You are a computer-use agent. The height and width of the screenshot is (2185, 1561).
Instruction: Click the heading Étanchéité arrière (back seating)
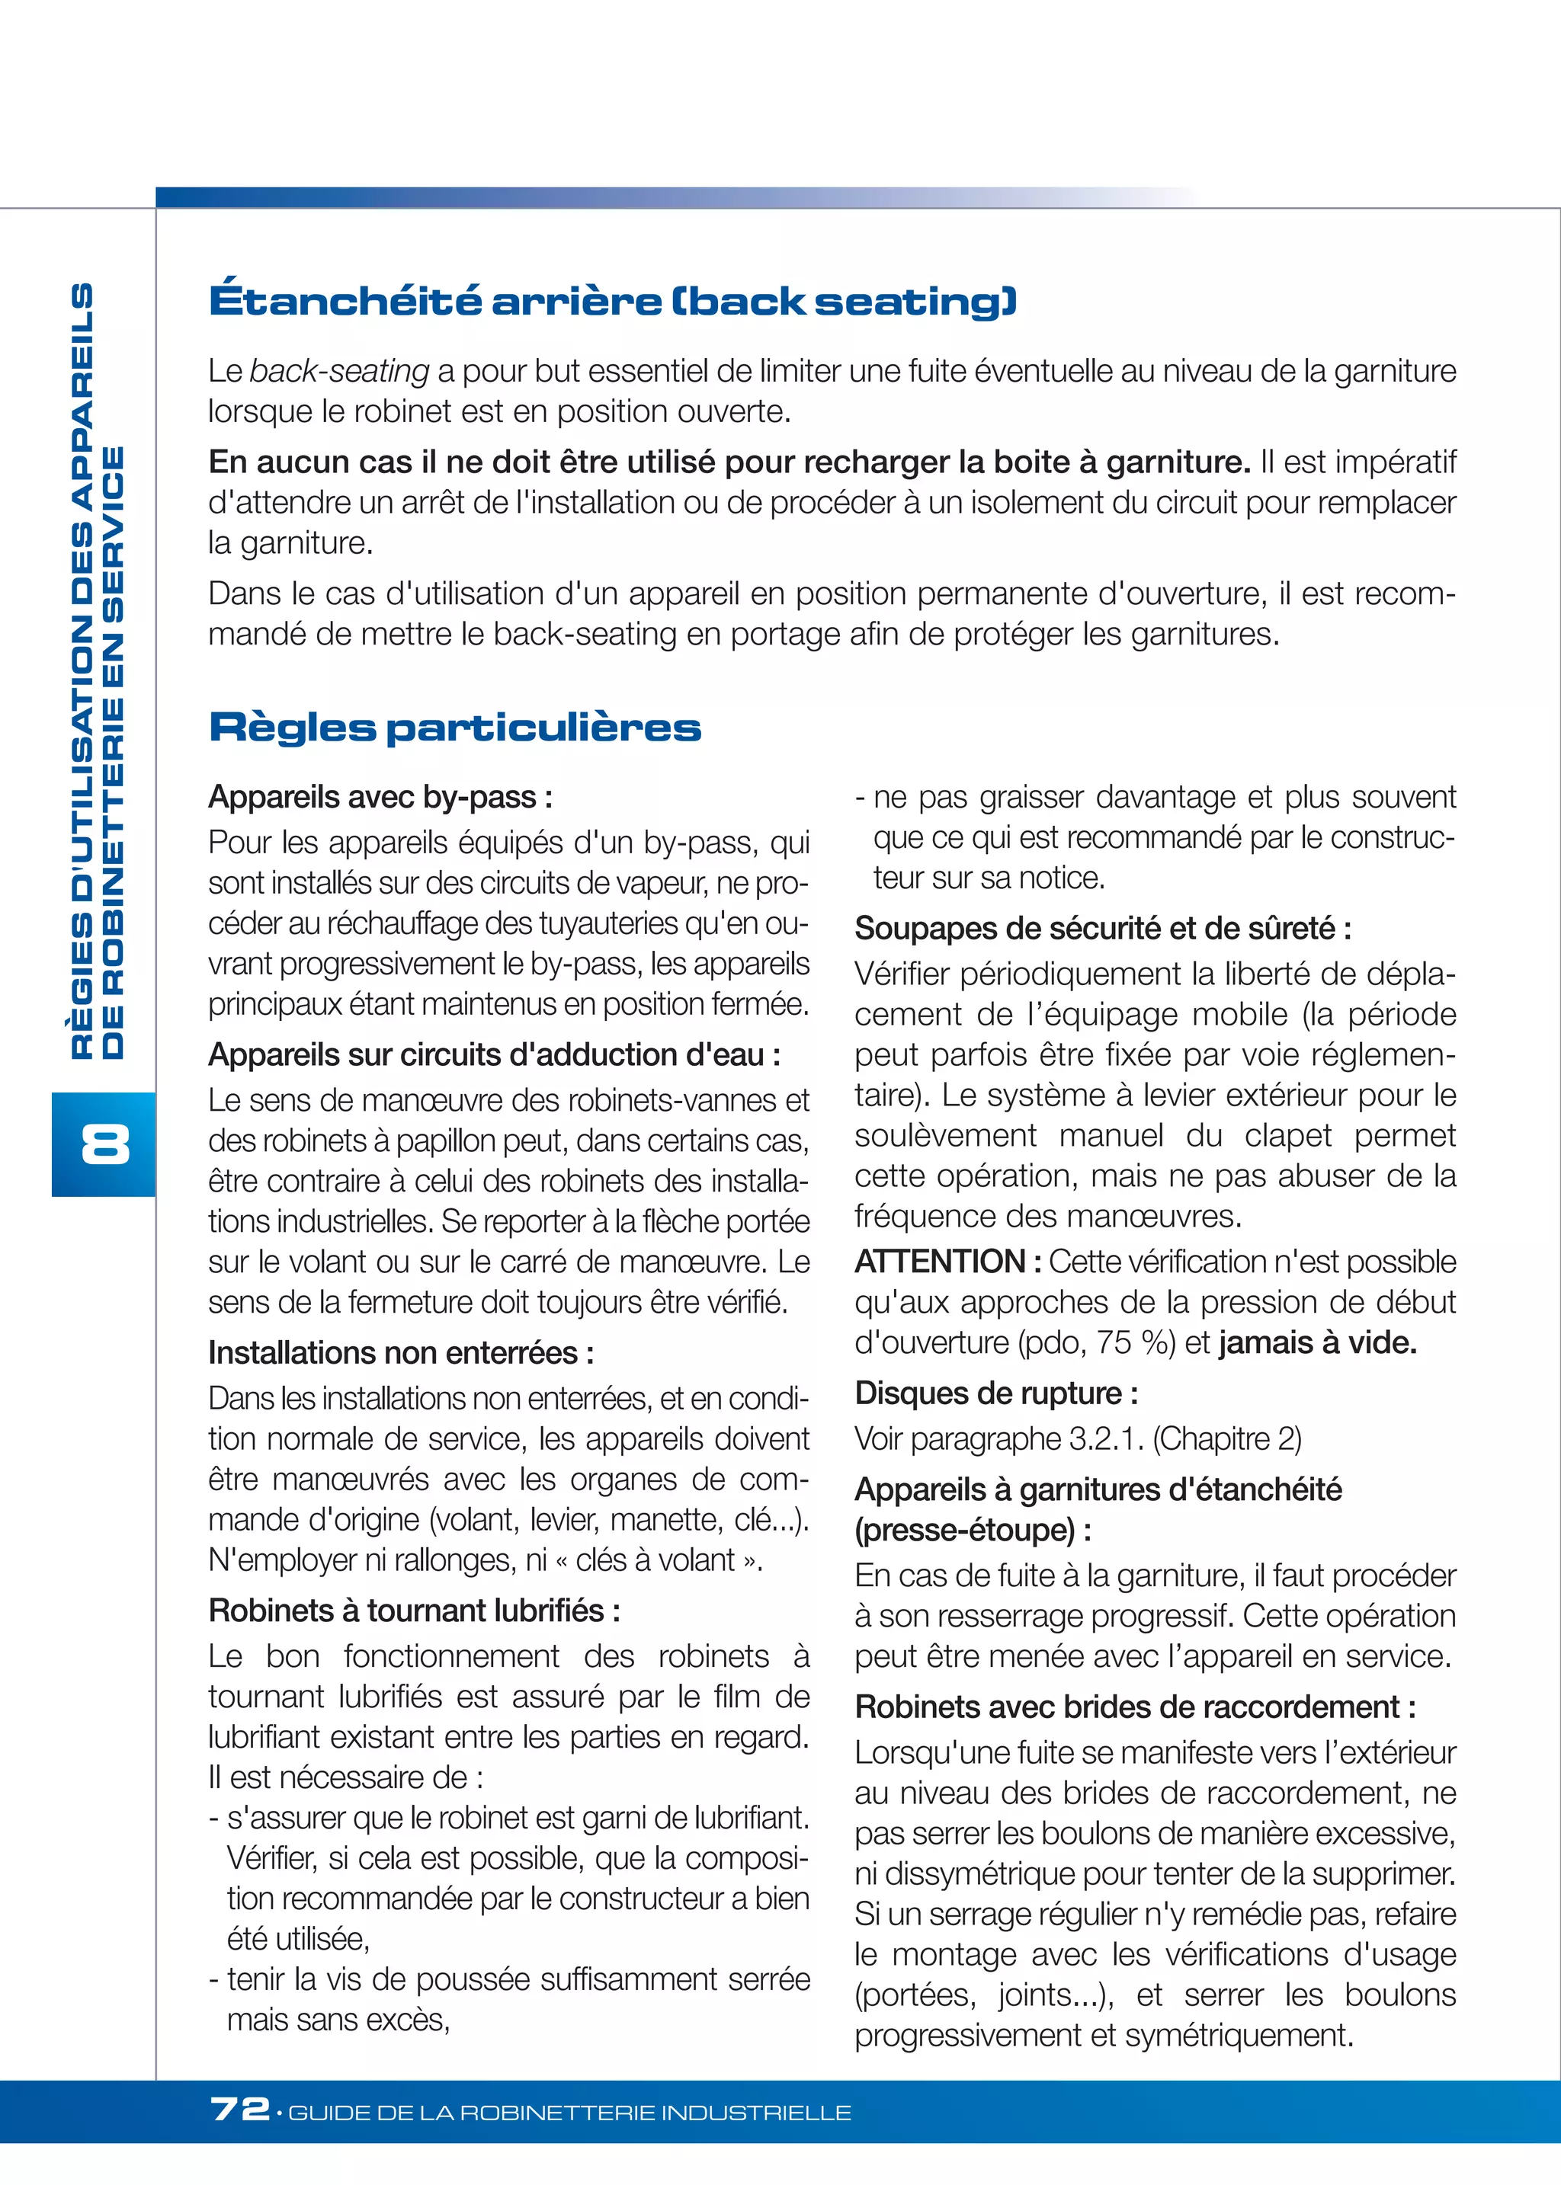click(612, 301)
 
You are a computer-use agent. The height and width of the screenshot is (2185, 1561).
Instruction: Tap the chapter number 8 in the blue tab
click(104, 1144)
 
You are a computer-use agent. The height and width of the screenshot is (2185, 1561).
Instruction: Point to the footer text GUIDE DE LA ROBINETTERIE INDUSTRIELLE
click(569, 2113)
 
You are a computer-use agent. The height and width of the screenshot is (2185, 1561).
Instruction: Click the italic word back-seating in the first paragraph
click(339, 371)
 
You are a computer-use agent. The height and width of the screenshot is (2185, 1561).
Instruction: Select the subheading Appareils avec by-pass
click(380, 798)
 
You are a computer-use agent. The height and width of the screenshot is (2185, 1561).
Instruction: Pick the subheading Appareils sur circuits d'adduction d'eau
click(494, 1055)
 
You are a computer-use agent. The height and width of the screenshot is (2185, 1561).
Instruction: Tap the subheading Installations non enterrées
click(401, 1353)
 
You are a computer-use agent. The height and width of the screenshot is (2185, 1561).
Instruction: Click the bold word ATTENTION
click(940, 1262)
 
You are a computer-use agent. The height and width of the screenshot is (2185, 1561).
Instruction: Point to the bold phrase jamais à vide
click(1317, 1342)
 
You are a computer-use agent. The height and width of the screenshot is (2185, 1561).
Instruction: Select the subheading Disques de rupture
click(995, 1393)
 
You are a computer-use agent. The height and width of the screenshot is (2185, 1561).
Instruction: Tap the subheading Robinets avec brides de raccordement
click(1135, 1707)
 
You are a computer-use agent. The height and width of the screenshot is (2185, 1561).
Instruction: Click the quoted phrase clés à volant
click(655, 1560)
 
